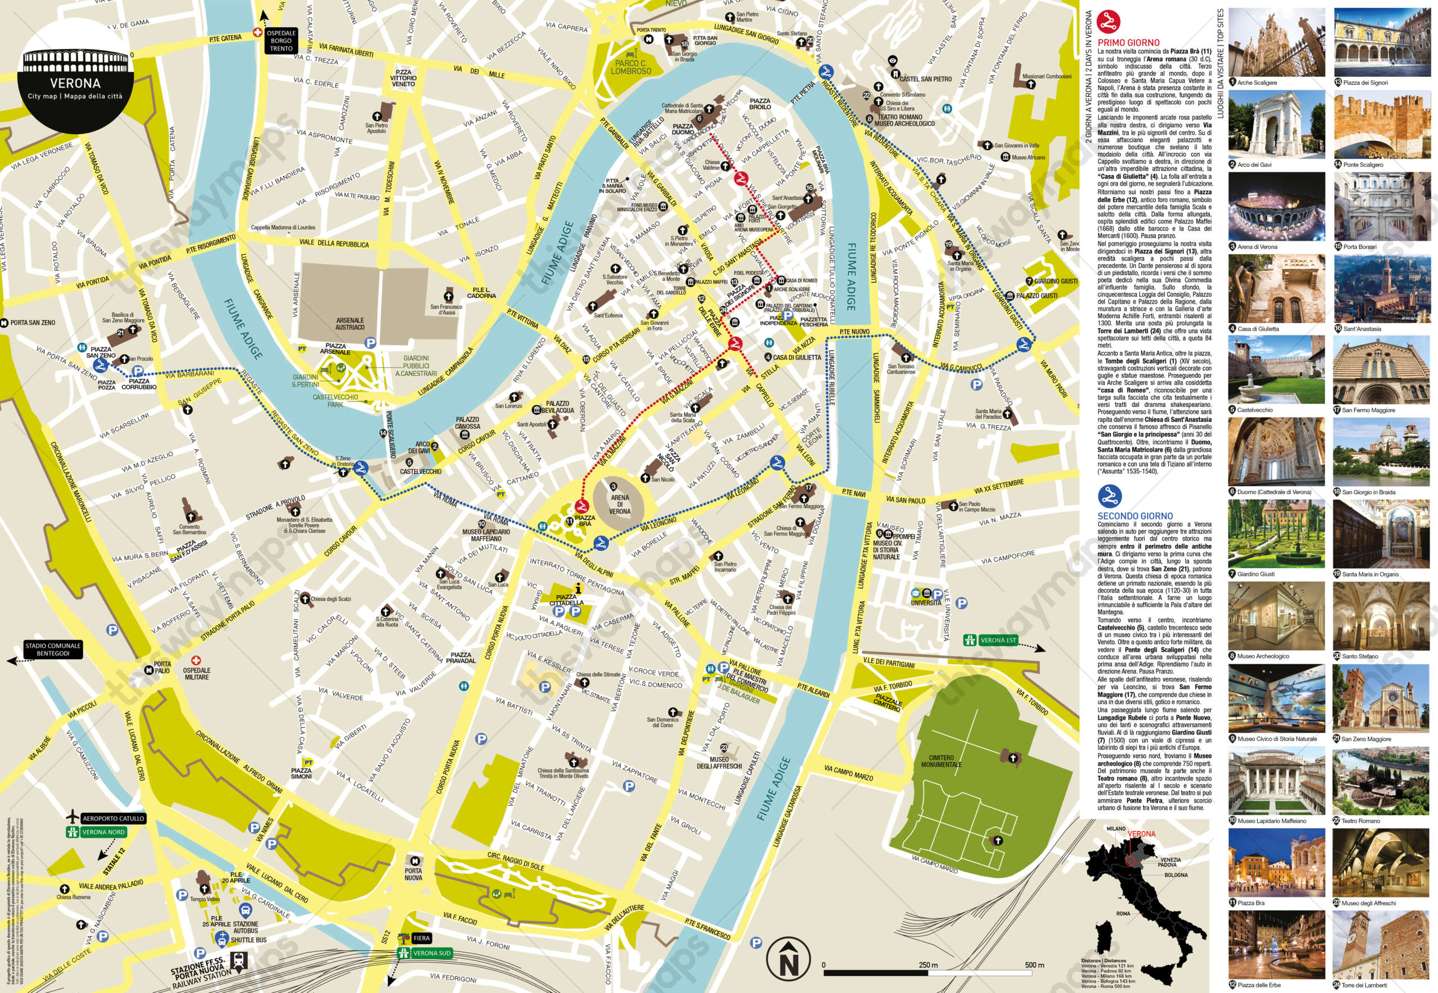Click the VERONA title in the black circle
(x=75, y=83)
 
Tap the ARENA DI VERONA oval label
(x=620, y=504)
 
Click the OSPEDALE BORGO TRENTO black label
(x=281, y=40)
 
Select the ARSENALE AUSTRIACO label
(x=349, y=324)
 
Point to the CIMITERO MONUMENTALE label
(x=941, y=760)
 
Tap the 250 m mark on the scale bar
(x=928, y=965)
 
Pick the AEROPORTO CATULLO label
(x=113, y=818)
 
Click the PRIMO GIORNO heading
(x=1128, y=42)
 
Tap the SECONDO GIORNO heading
(x=1135, y=516)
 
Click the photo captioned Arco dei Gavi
(x=1276, y=125)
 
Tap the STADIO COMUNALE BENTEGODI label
(x=53, y=650)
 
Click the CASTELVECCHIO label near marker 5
(x=421, y=471)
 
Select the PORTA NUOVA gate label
(x=413, y=874)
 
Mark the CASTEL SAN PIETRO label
(x=926, y=79)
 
